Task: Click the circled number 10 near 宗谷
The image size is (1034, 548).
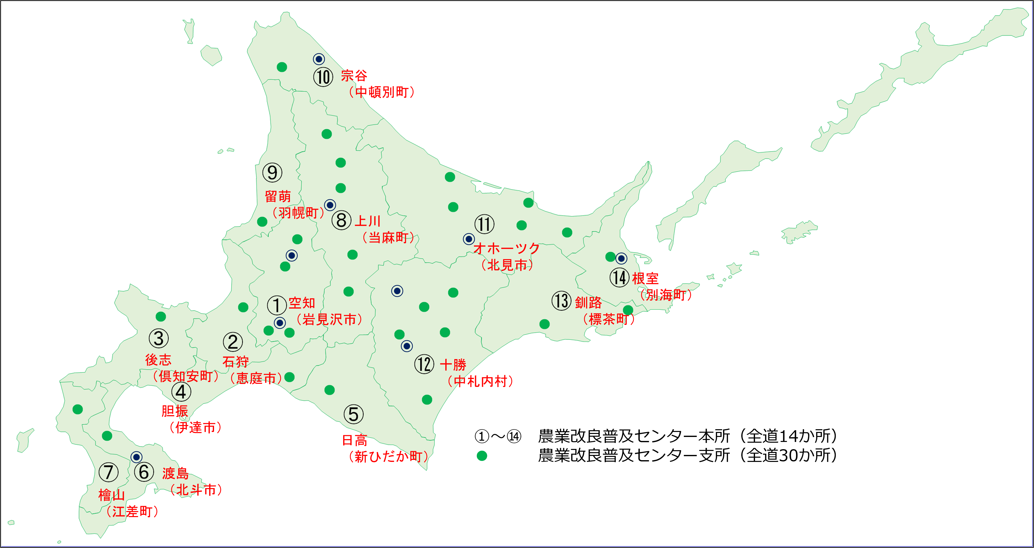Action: pyautogui.click(x=323, y=77)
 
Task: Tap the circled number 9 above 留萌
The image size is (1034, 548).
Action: pyautogui.click(x=272, y=172)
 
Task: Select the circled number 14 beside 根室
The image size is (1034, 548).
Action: pyautogui.click(x=619, y=277)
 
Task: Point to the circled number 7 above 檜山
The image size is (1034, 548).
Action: pyautogui.click(x=108, y=472)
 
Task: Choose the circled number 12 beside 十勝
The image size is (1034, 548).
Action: pyautogui.click(x=424, y=364)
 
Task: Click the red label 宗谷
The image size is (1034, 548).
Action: pyautogui.click(x=354, y=75)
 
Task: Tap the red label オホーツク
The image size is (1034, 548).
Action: pyautogui.click(x=507, y=248)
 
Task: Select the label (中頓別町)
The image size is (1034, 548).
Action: pyautogui.click(x=381, y=92)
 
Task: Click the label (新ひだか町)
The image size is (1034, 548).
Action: pyautogui.click(x=388, y=456)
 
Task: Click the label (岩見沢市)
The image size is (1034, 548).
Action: pyautogui.click(x=329, y=319)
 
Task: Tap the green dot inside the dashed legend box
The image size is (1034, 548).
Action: pyautogui.click(x=482, y=456)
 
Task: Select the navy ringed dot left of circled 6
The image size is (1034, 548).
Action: pyautogui.click(x=136, y=457)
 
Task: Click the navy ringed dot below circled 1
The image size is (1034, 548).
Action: pyautogui.click(x=280, y=323)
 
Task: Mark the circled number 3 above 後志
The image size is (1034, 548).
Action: pyautogui.click(x=159, y=338)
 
